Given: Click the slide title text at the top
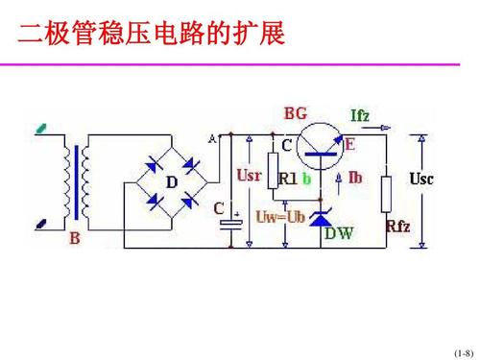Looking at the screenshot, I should pos(152,35).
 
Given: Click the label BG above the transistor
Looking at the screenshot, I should pos(296,113).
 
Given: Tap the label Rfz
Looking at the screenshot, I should pos(398,227).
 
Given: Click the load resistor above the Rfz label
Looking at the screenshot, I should pos(387,193).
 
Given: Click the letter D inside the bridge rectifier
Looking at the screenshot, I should pos(173,181).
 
